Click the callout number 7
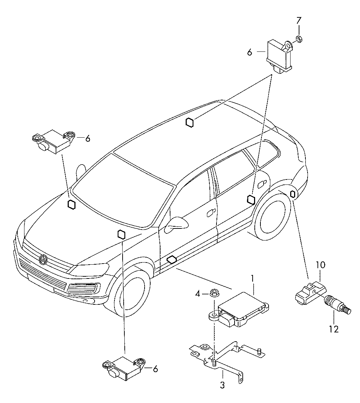[x=298, y=21]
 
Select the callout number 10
[x=320, y=265]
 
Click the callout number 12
[x=333, y=329]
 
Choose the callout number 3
[x=222, y=385]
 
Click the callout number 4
[x=198, y=293]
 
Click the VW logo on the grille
[x=43, y=260]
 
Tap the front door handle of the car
[x=211, y=212]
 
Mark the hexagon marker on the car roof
[x=190, y=122]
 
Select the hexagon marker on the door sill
[x=172, y=260]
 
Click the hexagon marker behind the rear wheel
[x=293, y=194]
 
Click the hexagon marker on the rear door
[x=251, y=199]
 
